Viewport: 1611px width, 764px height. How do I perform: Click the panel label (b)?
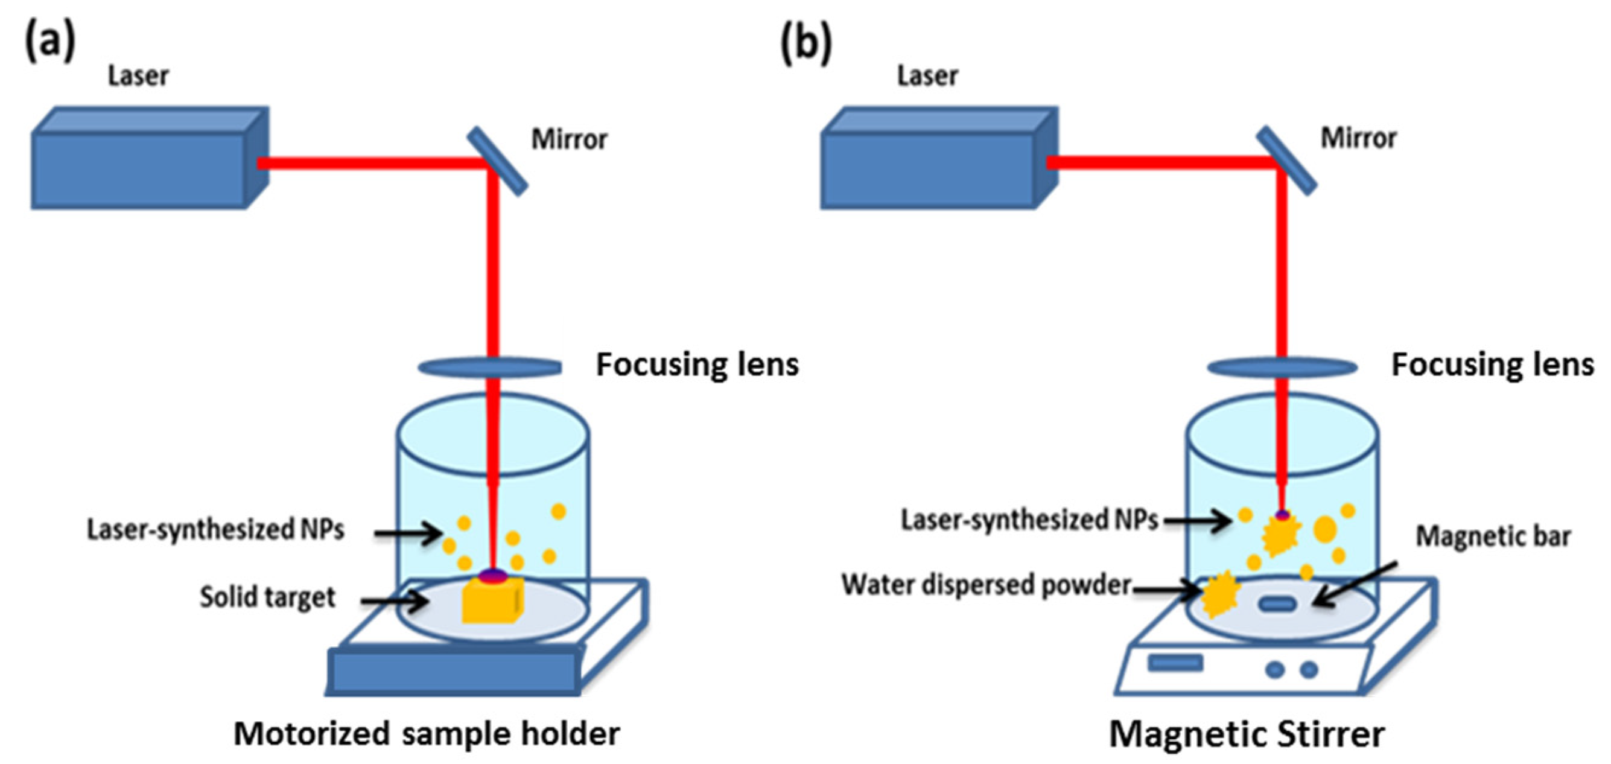[x=807, y=44]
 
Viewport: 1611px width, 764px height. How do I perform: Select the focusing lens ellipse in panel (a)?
[x=489, y=367]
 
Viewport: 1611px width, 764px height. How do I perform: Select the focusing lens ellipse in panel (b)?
[x=1282, y=367]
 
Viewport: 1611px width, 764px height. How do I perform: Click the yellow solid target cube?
[x=492, y=600]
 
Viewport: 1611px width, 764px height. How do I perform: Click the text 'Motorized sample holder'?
[x=427, y=733]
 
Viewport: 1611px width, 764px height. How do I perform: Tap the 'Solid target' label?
[x=268, y=597]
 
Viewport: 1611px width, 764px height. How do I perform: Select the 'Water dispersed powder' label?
[x=987, y=585]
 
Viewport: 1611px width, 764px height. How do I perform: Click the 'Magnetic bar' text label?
[x=1493, y=536]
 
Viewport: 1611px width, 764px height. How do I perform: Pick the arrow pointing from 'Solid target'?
[x=394, y=601]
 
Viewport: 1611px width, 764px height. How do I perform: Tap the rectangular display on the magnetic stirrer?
[x=1175, y=663]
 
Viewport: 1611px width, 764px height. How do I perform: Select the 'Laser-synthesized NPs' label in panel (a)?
[x=216, y=530]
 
